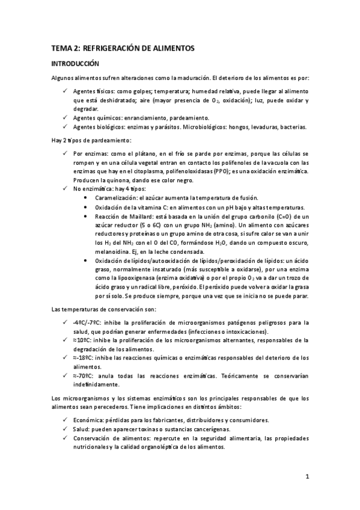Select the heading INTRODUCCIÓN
[x=75, y=63]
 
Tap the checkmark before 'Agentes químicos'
[x=66, y=118]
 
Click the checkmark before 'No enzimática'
[x=66, y=189]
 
